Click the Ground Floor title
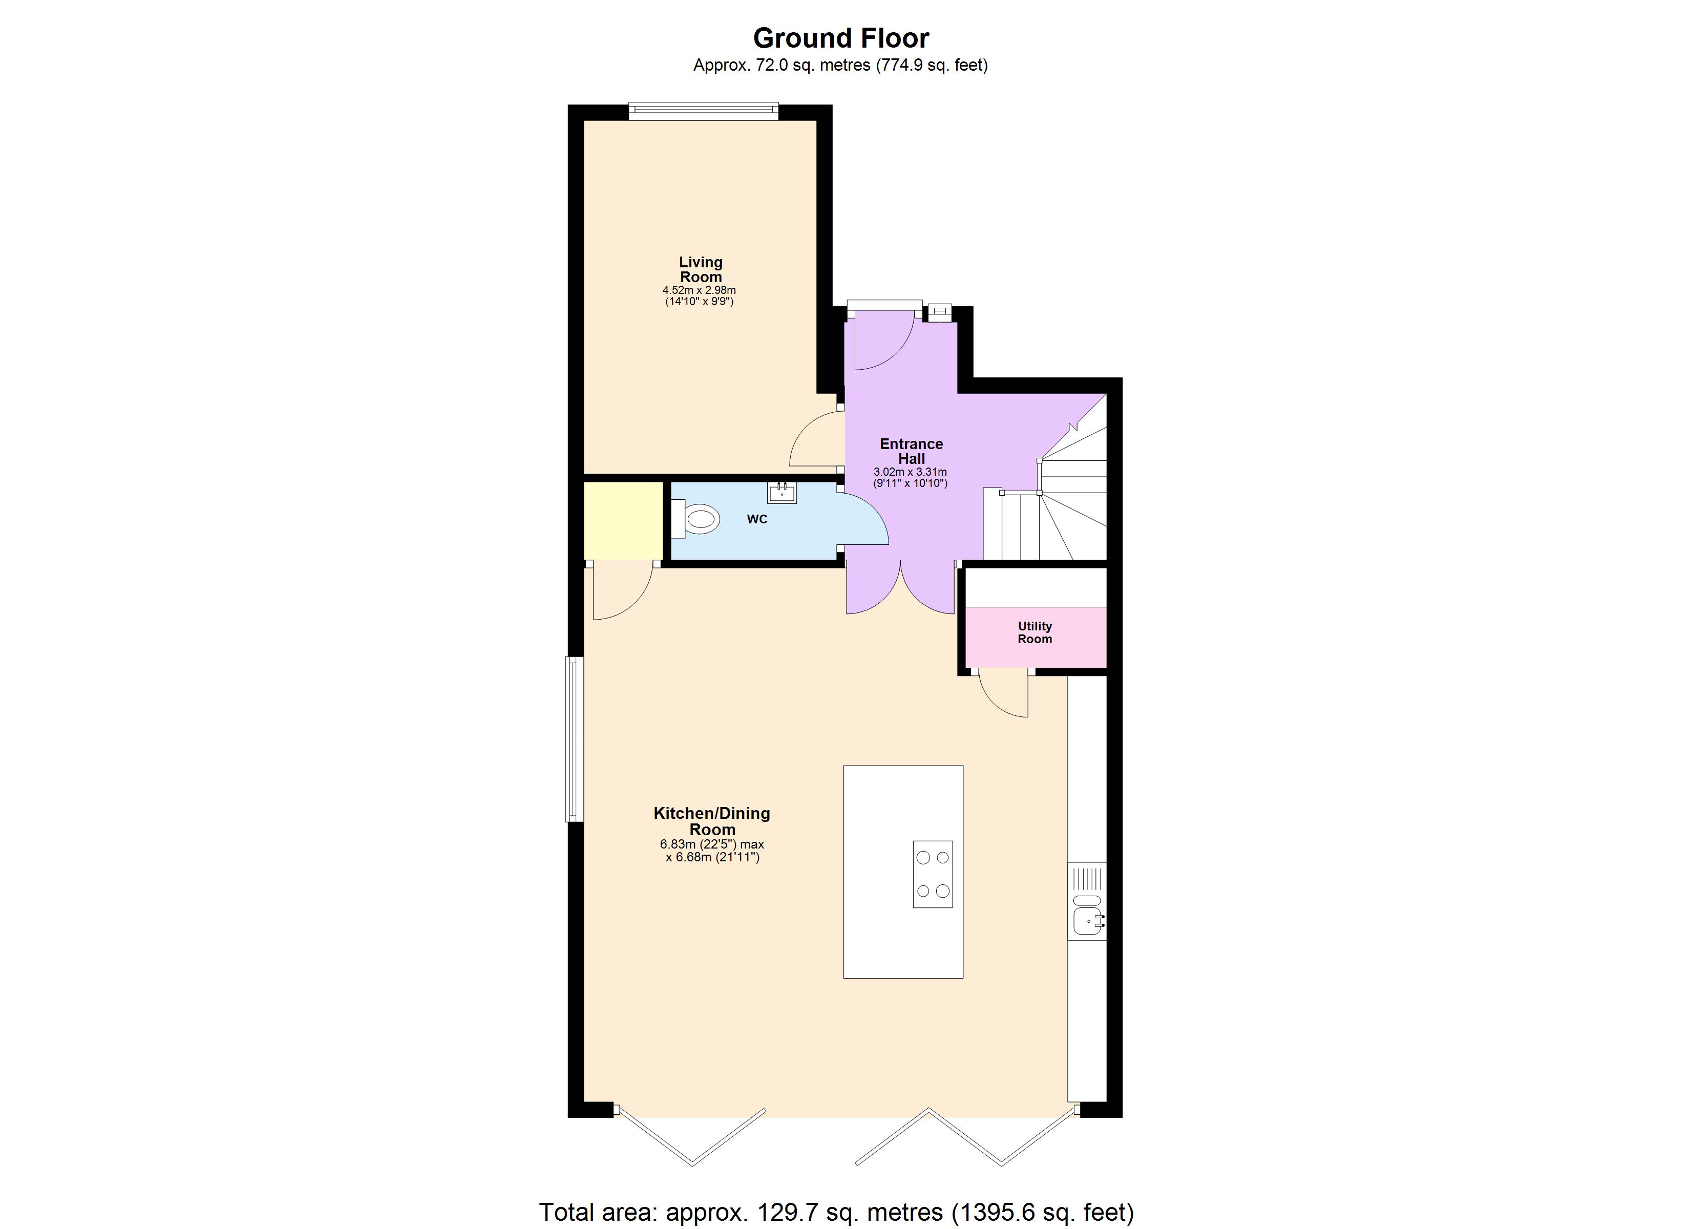840,38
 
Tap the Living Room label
701,269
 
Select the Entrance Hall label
911,451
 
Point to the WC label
757,519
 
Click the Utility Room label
1035,633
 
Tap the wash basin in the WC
781,492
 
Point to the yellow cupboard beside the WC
623,521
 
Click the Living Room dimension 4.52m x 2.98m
699,290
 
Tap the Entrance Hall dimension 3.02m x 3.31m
910,472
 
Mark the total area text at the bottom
836,1212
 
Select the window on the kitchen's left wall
574,738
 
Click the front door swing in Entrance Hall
883,343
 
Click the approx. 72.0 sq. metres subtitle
840,66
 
